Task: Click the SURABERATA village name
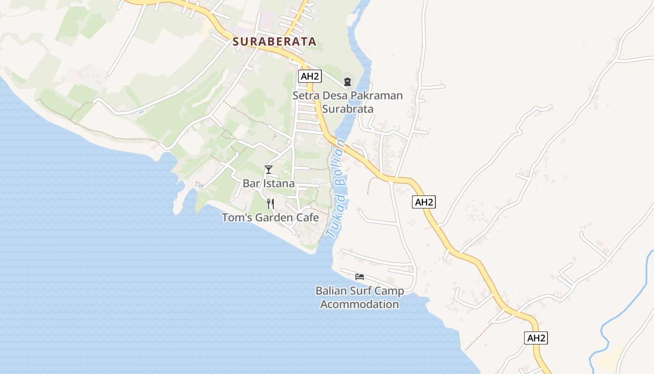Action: pos(274,42)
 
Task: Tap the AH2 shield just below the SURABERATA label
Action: pos(310,76)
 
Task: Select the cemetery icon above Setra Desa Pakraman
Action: pos(347,82)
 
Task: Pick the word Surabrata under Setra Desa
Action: pos(348,109)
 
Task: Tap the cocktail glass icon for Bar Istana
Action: pos(268,169)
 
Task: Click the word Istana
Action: pos(278,183)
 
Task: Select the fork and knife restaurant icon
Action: pos(270,203)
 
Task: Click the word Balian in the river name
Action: pos(341,161)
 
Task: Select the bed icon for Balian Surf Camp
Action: pos(360,276)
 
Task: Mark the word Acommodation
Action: pos(360,304)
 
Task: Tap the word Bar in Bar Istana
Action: pos(251,183)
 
